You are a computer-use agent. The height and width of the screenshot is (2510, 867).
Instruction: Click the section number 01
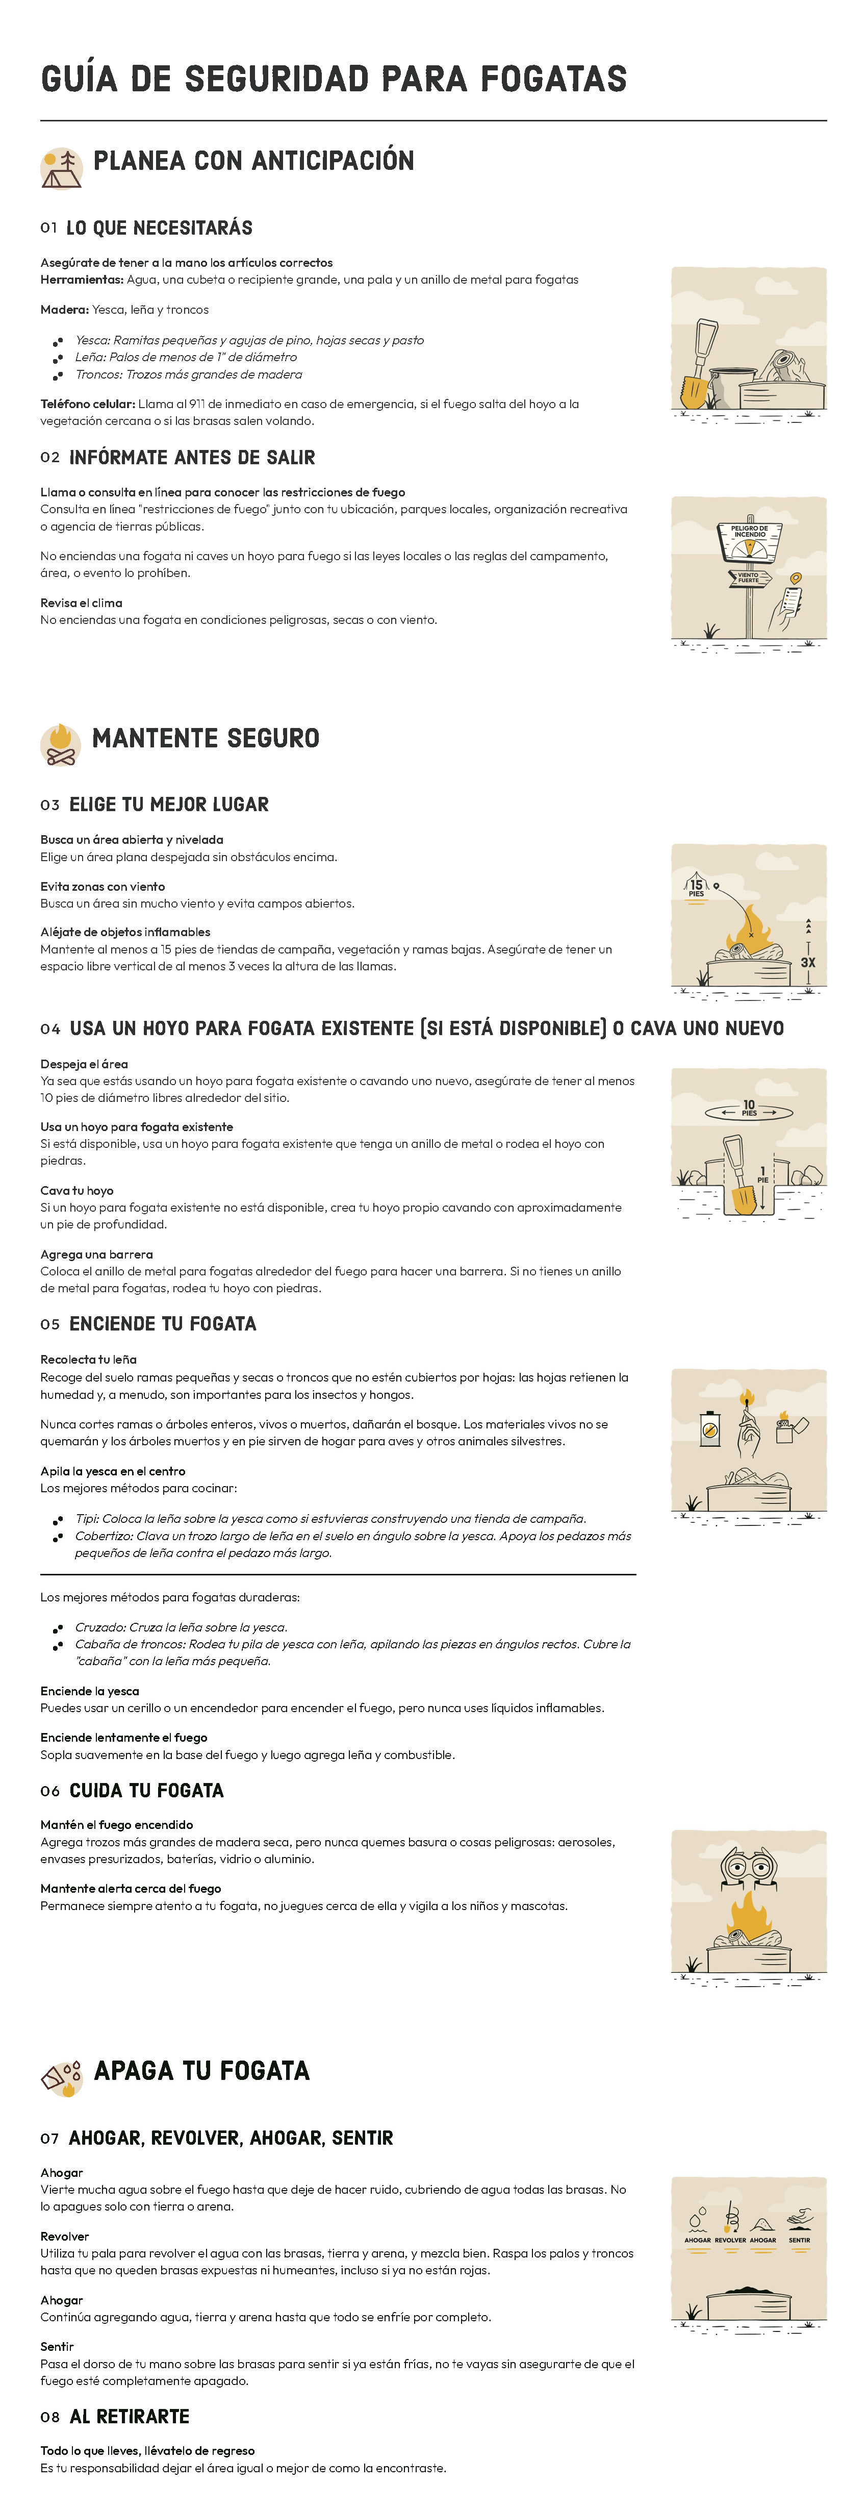point(49,228)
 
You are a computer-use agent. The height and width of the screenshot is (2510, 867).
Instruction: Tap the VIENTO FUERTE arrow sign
point(749,578)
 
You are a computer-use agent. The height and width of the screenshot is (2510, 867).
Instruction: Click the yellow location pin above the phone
point(796,579)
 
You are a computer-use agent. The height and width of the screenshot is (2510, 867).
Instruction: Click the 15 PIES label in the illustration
point(696,888)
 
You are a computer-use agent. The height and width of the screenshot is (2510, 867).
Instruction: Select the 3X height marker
point(807,962)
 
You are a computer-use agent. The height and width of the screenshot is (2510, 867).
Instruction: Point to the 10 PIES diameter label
point(749,1108)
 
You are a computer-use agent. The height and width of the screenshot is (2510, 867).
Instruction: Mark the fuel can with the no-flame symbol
point(710,1429)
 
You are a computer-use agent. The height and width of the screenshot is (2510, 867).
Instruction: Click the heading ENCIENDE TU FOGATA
point(163,1323)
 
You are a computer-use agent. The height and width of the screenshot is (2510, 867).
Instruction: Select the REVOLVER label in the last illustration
point(730,2240)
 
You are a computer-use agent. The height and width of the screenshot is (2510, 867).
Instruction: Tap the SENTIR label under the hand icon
point(799,2240)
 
